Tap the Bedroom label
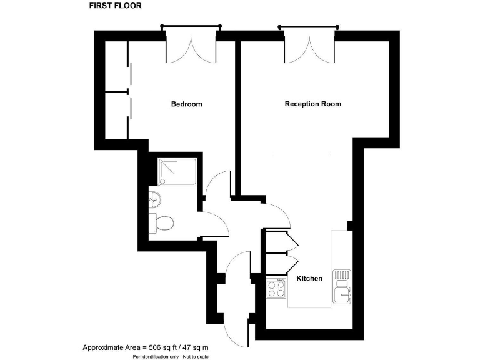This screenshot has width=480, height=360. tap(186, 104)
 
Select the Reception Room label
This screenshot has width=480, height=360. tap(312, 104)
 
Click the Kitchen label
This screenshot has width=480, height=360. tap(309, 279)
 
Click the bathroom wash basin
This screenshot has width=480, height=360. tap(156, 200)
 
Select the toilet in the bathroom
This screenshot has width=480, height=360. tap(164, 222)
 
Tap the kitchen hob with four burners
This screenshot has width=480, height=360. tap(276, 289)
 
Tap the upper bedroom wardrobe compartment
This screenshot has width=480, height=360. tap(116, 67)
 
